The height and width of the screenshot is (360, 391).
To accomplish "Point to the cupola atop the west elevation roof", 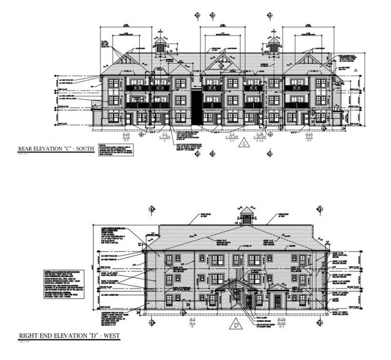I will coord(245,214).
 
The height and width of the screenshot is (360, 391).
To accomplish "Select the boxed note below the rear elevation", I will coord(117,148).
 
